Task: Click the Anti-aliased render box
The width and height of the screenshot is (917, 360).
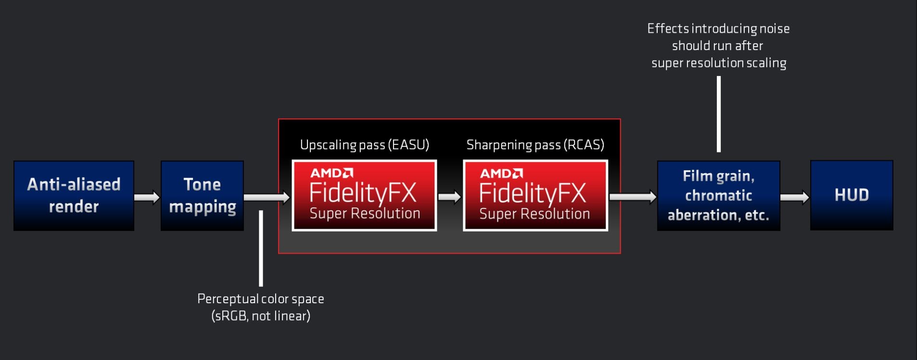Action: tap(74, 195)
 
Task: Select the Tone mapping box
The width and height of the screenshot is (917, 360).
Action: tap(202, 195)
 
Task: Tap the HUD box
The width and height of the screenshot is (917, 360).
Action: tap(852, 195)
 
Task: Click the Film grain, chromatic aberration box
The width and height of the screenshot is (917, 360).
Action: tap(718, 195)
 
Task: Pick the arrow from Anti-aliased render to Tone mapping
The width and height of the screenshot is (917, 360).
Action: tap(147, 197)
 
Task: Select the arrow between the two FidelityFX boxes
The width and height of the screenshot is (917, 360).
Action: tap(450, 197)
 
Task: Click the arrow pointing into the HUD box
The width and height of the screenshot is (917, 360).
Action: tap(795, 197)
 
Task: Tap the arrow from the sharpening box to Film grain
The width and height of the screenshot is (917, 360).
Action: tap(633, 197)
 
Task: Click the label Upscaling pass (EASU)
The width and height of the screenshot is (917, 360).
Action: tap(365, 145)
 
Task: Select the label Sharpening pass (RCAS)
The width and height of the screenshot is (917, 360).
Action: tap(535, 145)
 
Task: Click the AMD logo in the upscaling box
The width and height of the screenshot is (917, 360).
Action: tap(332, 173)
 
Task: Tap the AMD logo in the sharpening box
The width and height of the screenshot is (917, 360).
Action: tap(501, 173)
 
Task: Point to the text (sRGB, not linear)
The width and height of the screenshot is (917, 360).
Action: tap(261, 316)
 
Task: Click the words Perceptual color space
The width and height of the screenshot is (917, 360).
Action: tap(261, 299)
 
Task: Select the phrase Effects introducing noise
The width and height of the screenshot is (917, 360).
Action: tap(718, 29)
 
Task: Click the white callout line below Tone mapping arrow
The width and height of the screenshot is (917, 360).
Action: tap(261, 248)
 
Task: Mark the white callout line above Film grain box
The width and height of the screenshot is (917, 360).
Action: tap(719, 114)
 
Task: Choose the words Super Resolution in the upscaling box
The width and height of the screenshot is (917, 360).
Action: tap(365, 213)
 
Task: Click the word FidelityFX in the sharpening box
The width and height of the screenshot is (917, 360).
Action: tap(533, 193)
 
